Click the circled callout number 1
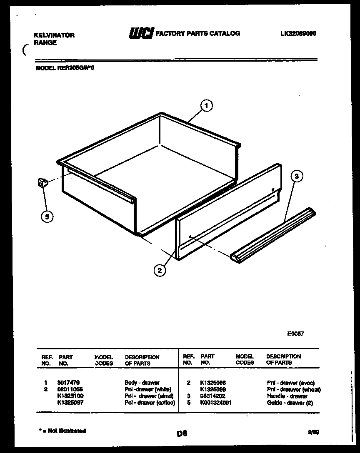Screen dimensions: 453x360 click(206, 106)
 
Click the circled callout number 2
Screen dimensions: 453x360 click(159, 270)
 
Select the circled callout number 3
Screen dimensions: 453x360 click(296, 177)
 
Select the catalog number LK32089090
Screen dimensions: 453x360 click(298, 34)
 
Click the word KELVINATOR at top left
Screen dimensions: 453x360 click(54, 35)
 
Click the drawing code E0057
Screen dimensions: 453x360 click(295, 334)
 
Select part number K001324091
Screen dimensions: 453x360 click(216, 403)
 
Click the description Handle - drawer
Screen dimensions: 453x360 click(287, 396)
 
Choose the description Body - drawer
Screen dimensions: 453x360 click(142, 382)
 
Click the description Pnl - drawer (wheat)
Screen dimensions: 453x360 click(294, 389)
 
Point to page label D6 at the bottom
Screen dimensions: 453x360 click(181, 434)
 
